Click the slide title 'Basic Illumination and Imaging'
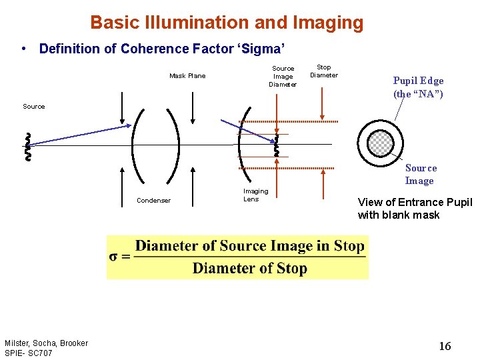pyautogui.click(x=227, y=23)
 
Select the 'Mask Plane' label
pyautogui.click(x=187, y=76)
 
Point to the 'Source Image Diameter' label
pyautogui.click(x=283, y=76)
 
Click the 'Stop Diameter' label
pyautogui.click(x=324, y=71)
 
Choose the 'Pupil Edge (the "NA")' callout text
pyautogui.click(x=418, y=87)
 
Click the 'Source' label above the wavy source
pyautogui.click(x=34, y=107)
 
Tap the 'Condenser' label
pyautogui.click(x=153, y=201)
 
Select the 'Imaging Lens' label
pyautogui.click(x=255, y=195)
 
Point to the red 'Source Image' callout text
pyautogui.click(x=421, y=175)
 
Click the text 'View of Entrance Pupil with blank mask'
pyautogui.click(x=415, y=208)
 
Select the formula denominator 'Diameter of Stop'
pyautogui.click(x=249, y=269)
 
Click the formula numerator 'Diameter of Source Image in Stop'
pyautogui.click(x=249, y=246)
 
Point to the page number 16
pyautogui.click(x=445, y=346)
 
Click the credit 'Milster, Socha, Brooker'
pyautogui.click(x=46, y=343)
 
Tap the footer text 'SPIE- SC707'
pyautogui.click(x=28, y=353)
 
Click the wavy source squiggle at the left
pyautogui.click(x=28, y=147)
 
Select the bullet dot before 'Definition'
pyautogui.click(x=24, y=49)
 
